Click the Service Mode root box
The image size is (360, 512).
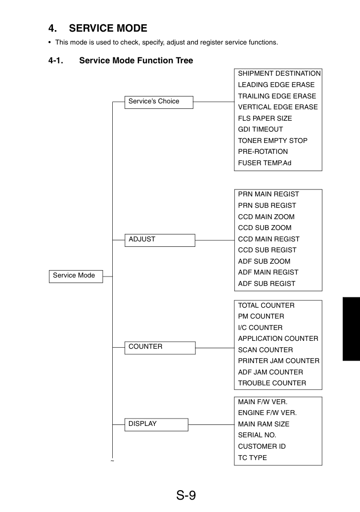[76, 276]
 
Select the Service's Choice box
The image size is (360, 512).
[159, 102]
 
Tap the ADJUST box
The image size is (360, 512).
[160, 240]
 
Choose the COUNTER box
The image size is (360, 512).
[160, 348]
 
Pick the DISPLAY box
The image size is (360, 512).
[156, 424]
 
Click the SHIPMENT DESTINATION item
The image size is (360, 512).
[279, 74]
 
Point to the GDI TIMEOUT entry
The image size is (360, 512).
[261, 129]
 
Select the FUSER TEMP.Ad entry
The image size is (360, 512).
[265, 163]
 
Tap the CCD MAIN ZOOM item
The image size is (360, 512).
[267, 217]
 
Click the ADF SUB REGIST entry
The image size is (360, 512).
[267, 284]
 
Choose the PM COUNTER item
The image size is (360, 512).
[261, 317]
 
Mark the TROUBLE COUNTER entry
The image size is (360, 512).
[272, 383]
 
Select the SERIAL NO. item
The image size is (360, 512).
[257, 435]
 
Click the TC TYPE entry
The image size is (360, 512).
[252, 458]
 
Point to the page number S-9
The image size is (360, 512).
[186, 495]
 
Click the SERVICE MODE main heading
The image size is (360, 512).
[98, 28]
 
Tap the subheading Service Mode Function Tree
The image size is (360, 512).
[136, 60]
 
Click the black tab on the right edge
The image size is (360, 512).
[351, 329]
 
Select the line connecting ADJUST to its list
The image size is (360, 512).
[215, 240]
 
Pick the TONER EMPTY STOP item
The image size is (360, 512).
[273, 140]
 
